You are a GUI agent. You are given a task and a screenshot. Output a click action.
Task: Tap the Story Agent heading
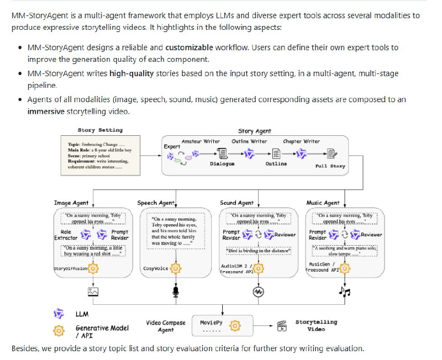coord(254,131)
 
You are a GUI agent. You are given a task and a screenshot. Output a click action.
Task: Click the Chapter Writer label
coord(301,141)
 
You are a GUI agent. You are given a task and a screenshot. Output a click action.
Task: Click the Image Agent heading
coord(71,203)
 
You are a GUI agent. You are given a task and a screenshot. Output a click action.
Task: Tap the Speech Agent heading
coord(156,203)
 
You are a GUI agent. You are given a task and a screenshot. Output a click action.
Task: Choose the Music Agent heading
coord(323,203)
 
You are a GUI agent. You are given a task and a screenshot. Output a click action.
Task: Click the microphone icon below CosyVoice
coord(176,291)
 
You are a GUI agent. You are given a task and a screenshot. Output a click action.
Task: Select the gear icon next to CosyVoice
coord(176,268)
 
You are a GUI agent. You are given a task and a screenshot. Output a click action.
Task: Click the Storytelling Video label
coord(317,325)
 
